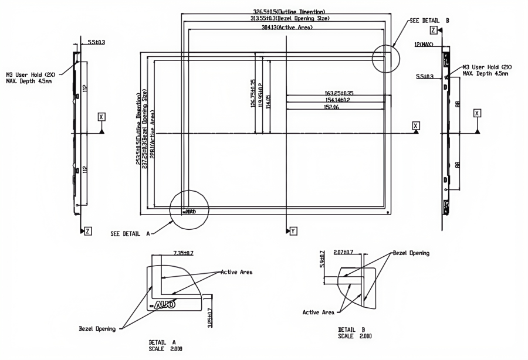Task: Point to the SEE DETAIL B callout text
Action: click(428, 20)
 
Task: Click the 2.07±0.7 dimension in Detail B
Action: click(350, 252)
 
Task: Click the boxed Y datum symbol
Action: click(293, 232)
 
